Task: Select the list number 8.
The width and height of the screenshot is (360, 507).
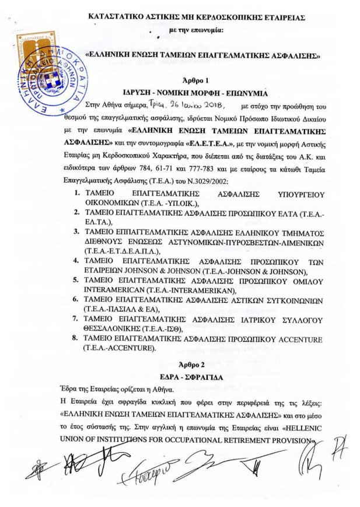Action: [77, 338]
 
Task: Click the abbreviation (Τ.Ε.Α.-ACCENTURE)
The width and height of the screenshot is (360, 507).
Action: [120, 348]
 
